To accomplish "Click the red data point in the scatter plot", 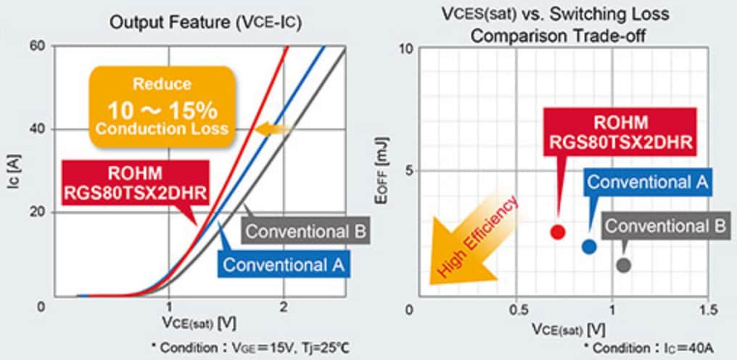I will [557, 232].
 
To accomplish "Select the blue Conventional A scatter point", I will [589, 246].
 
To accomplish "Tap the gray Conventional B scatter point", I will [623, 265].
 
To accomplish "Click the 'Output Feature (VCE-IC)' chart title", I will [205, 22].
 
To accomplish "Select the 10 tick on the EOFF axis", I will [406, 49].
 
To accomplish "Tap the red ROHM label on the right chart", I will [620, 132].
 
